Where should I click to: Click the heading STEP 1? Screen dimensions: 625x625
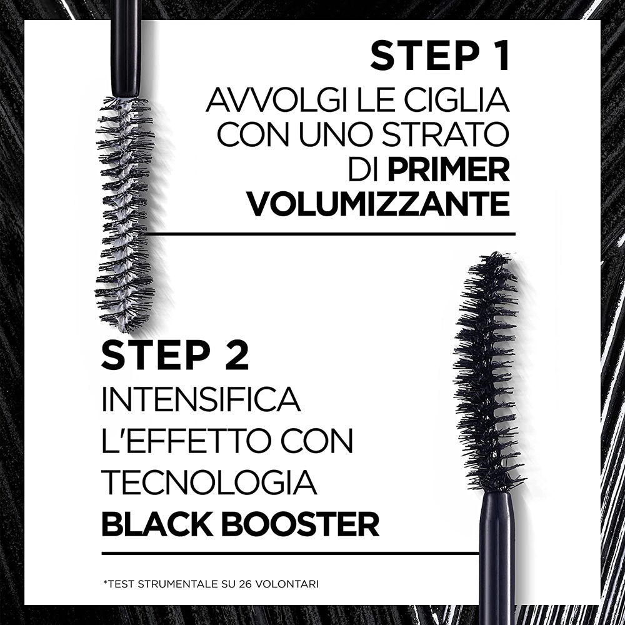(440, 56)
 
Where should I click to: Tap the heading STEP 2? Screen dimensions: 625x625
(175, 355)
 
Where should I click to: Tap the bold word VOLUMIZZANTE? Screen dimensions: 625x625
(378, 204)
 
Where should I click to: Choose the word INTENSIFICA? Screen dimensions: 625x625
(201, 399)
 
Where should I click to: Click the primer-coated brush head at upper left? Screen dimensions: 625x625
(124, 212)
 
